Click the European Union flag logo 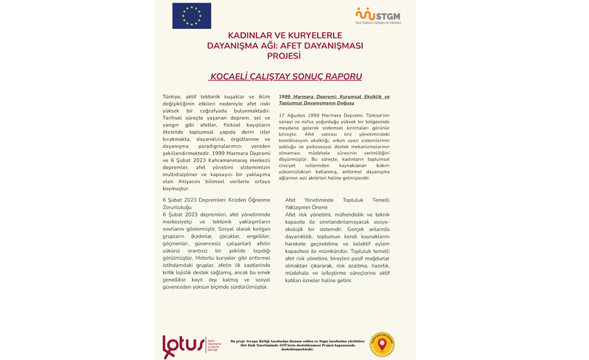coord(192,16)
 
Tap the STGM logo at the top coord(378,16)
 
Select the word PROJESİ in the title coord(284,56)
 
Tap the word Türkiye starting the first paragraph coord(172,96)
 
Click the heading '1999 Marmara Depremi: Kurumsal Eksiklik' coord(334,96)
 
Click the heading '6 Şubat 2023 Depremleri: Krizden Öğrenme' coord(216,200)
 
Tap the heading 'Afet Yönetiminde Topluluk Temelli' coord(337,200)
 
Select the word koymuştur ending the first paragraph coord(176,189)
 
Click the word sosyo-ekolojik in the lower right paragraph coord(380,222)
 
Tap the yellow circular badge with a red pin coord(382,345)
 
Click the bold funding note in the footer coord(297,345)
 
